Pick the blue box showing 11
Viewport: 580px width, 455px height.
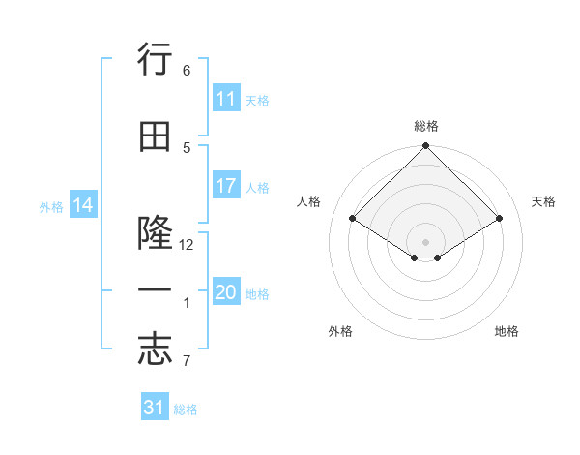[x=226, y=99]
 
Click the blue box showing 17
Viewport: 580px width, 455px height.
[x=226, y=186]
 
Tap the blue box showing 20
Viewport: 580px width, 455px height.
[x=226, y=292]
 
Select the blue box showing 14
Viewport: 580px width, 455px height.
[x=83, y=205]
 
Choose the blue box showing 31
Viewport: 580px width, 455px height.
[x=155, y=408]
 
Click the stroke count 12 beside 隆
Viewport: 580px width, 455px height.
[x=188, y=246]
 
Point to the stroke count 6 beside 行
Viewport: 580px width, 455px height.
[x=187, y=71]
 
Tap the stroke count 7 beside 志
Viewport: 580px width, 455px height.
[x=187, y=362]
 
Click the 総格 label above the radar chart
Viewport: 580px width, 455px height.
[x=425, y=126]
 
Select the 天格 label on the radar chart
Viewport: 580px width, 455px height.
[x=543, y=201]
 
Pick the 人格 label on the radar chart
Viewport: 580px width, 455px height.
[x=308, y=201]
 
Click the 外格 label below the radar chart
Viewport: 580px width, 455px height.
[x=340, y=331]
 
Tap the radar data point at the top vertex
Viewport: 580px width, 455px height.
[x=425, y=146]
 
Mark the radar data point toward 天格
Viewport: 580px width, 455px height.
[x=500, y=219]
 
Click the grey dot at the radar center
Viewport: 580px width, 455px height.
[x=425, y=241]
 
